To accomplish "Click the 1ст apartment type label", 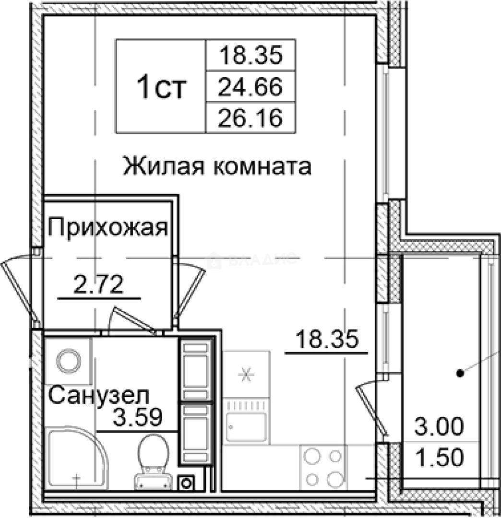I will pyautogui.click(x=160, y=88).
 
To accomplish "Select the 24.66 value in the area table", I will pyautogui.click(x=249, y=87).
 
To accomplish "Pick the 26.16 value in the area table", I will pyautogui.click(x=249, y=118).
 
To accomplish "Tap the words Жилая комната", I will pyautogui.click(x=217, y=166).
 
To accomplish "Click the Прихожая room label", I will pyautogui.click(x=108, y=227).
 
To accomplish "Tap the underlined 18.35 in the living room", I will pyautogui.click(x=327, y=341).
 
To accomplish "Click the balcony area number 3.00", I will pyautogui.click(x=440, y=426).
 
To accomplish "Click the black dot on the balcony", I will pyautogui.click(x=460, y=372).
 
